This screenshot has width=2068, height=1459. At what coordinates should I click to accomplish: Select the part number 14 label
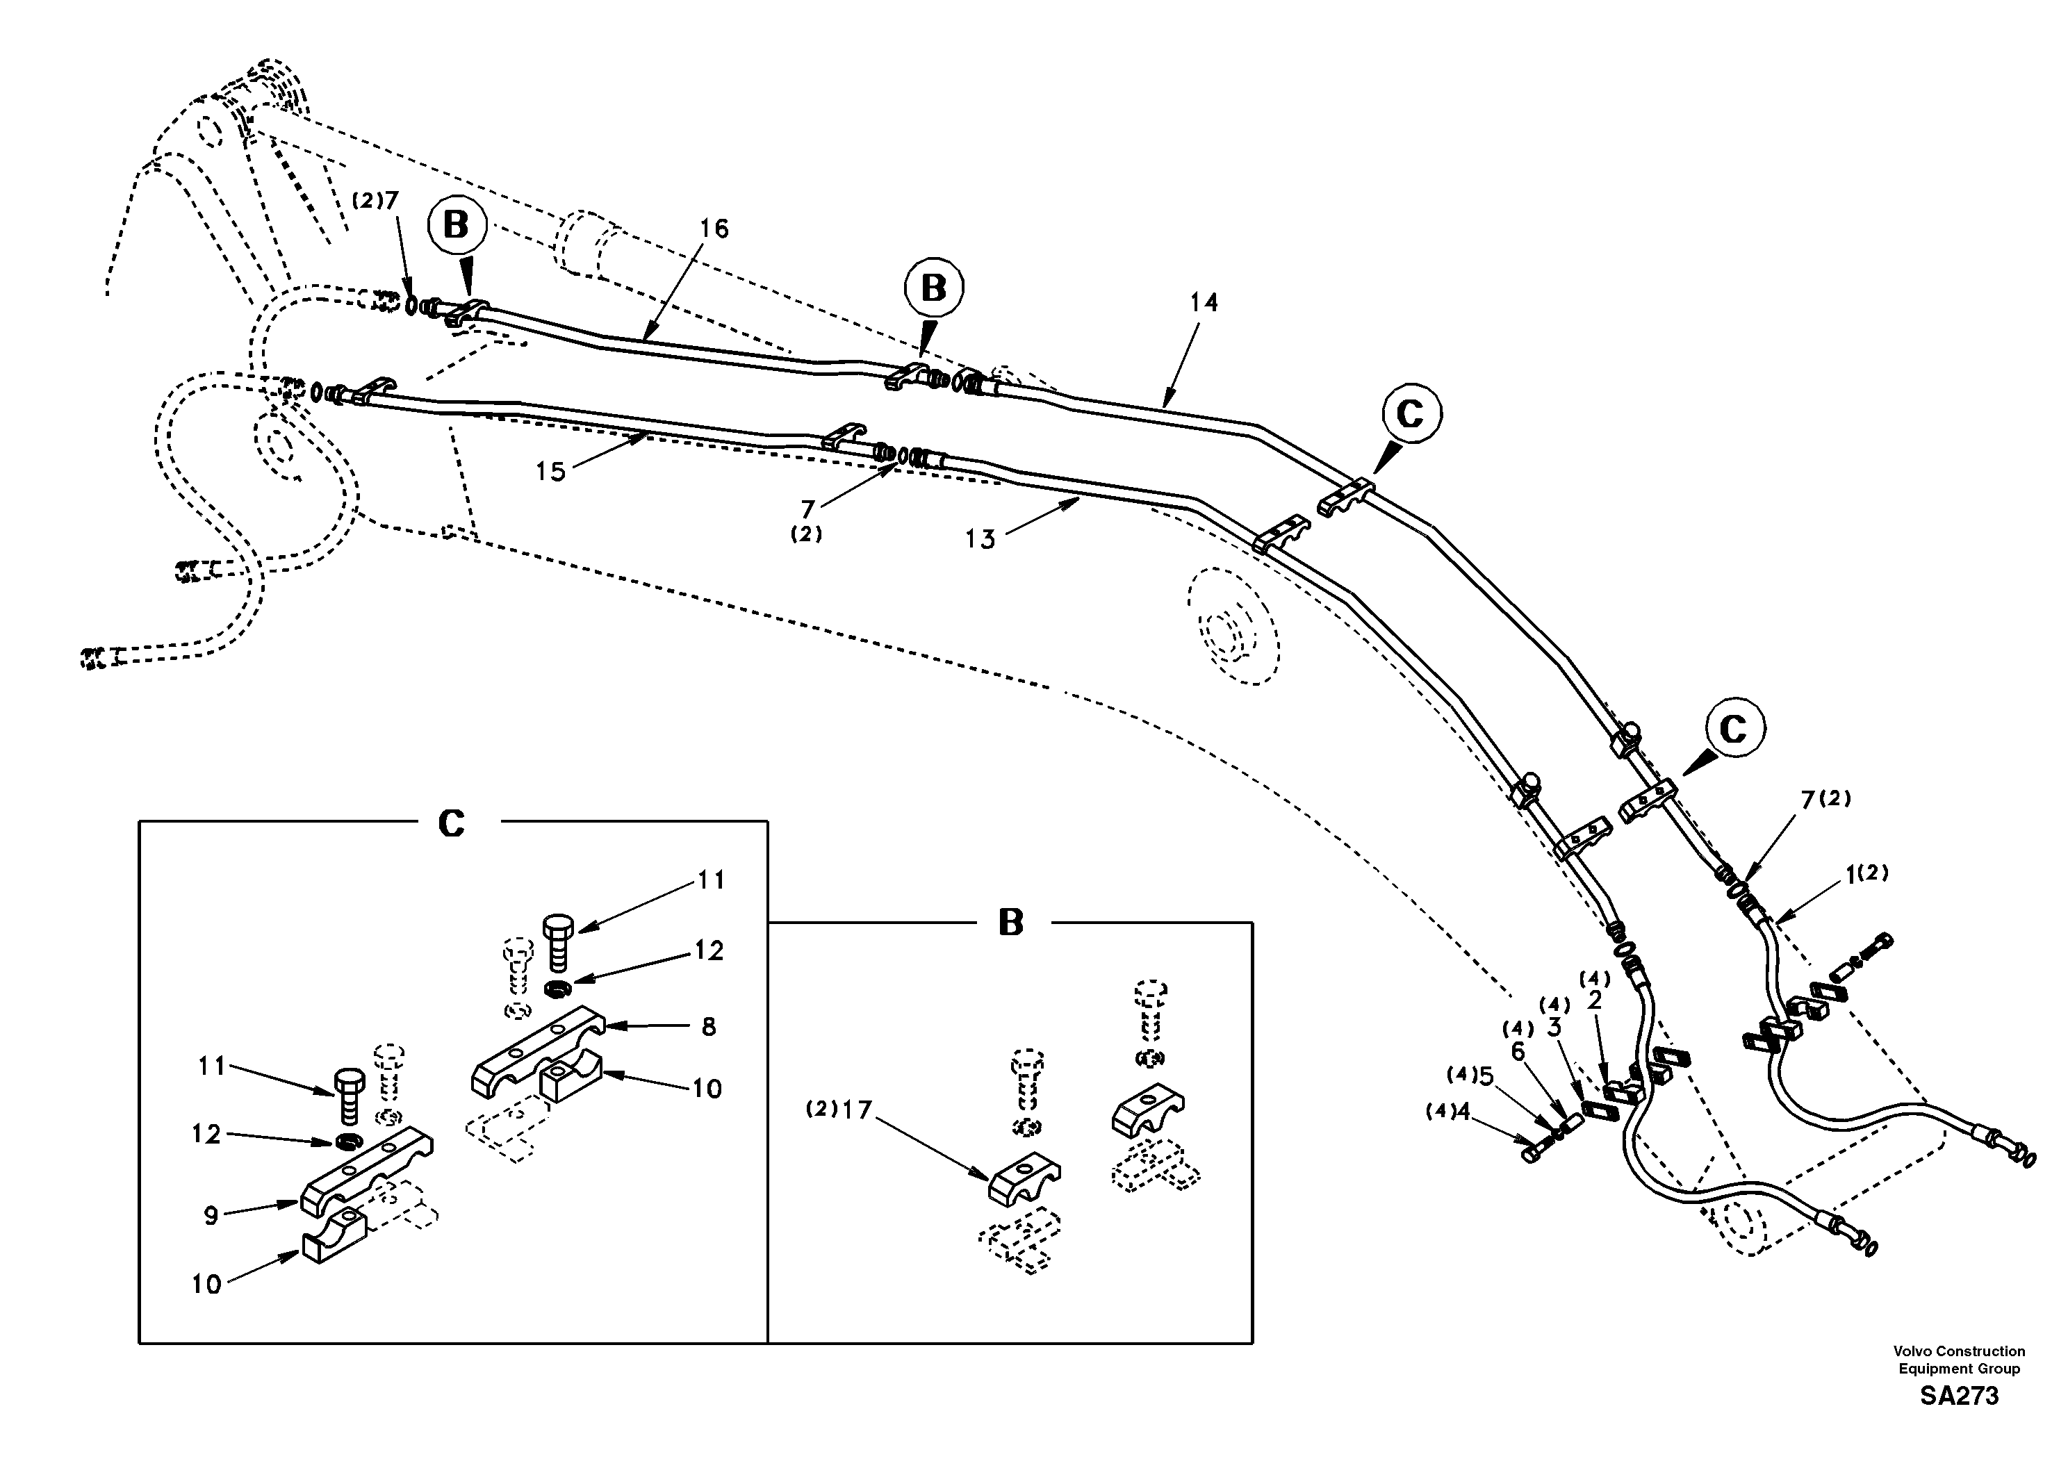click(1204, 303)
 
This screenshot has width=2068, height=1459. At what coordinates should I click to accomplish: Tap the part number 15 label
click(550, 471)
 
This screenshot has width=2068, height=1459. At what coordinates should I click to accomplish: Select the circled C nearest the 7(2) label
click(1734, 729)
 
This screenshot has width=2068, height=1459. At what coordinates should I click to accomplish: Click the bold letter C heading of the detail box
click(450, 823)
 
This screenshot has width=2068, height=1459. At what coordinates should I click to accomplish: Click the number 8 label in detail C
click(709, 1027)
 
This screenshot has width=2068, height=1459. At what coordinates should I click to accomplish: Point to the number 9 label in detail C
click(210, 1216)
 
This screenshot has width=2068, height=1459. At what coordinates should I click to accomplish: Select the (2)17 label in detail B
click(839, 1110)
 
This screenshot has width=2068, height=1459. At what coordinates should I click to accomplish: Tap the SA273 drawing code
click(1959, 1397)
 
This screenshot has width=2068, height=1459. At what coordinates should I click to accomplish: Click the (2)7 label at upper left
click(375, 201)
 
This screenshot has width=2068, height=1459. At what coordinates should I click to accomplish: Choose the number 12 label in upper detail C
click(709, 951)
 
